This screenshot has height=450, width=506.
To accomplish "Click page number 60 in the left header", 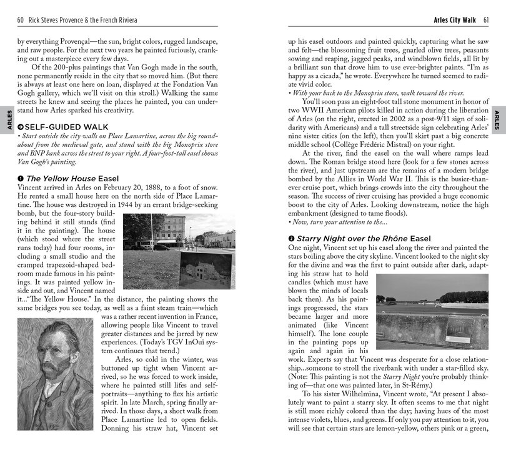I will click(x=21, y=21).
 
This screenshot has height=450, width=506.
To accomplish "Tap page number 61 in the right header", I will click(x=485, y=21).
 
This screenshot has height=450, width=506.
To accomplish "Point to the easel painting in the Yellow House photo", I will click(x=206, y=269).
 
